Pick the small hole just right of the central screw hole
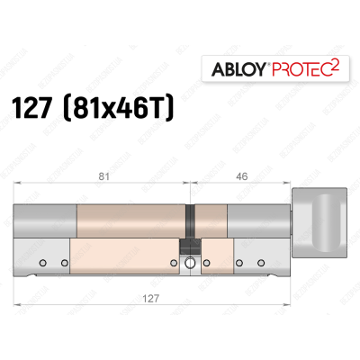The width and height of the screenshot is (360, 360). click(x=206, y=265)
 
